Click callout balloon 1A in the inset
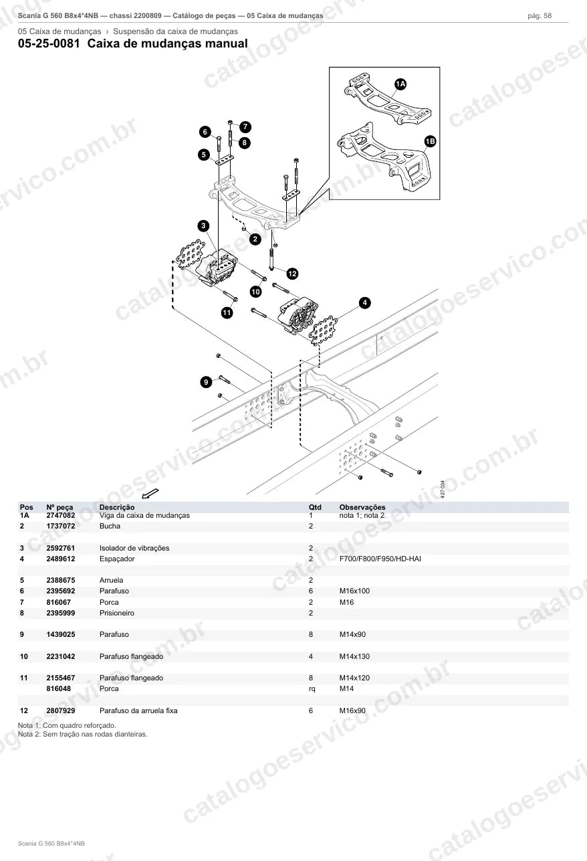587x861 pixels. click(400, 84)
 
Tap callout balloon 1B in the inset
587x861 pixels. click(431, 141)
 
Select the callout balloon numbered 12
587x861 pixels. click(292, 274)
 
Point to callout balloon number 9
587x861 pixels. click(207, 382)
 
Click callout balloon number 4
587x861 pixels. click(364, 303)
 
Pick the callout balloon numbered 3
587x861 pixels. click(203, 225)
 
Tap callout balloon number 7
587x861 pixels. click(245, 127)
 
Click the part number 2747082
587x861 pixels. click(61, 515)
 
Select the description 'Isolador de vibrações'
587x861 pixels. click(134, 548)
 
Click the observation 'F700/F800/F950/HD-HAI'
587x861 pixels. click(380, 559)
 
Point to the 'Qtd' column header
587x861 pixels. click(315, 507)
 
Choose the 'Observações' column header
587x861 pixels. click(362, 507)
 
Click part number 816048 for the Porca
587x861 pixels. click(59, 688)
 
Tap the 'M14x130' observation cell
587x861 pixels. click(354, 656)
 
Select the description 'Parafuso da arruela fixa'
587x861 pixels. click(138, 710)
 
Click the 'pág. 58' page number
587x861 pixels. click(540, 16)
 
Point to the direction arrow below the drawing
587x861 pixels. click(150, 493)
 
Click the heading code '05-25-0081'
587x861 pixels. click(49, 43)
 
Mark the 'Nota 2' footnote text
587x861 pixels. click(83, 734)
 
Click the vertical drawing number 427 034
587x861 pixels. click(443, 489)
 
